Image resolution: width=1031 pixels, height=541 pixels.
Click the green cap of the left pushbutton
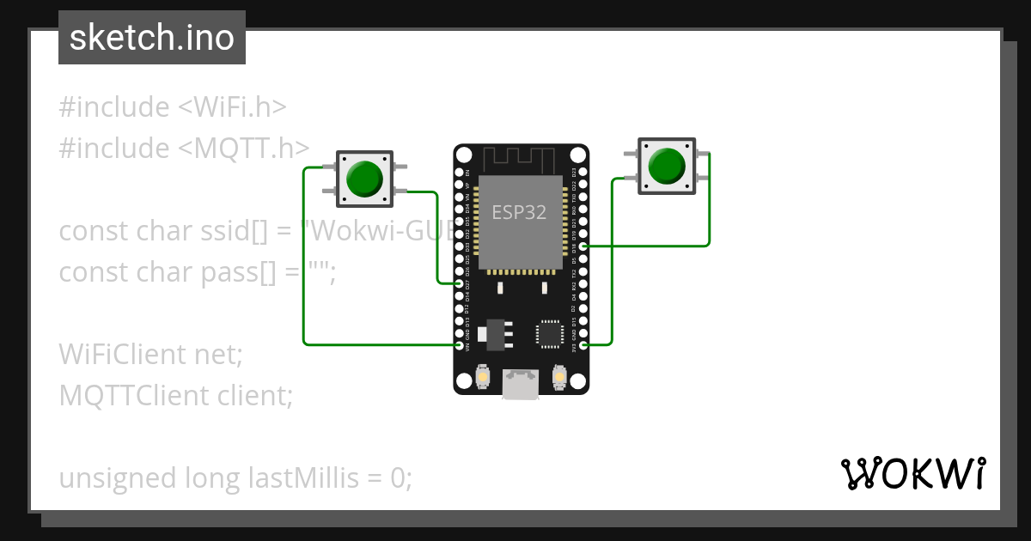(364, 177)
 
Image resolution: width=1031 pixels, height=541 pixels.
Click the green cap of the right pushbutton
(667, 166)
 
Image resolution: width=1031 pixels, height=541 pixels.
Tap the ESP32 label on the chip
(519, 212)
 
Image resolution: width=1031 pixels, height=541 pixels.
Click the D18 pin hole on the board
(583, 246)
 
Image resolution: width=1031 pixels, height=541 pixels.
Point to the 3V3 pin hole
(583, 345)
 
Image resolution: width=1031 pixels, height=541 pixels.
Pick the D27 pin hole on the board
(460, 283)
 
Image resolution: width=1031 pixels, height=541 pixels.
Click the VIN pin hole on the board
(460, 345)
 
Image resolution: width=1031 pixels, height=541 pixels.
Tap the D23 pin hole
(583, 172)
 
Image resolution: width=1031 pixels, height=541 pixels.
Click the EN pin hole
(460, 172)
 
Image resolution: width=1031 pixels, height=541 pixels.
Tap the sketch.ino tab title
(151, 38)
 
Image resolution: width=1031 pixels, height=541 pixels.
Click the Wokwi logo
(912, 473)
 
